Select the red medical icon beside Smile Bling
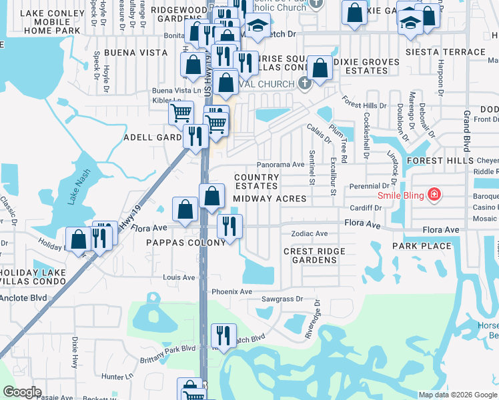tap(434, 195)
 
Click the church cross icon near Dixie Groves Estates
tap(305, 83)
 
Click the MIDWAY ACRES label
tap(270, 199)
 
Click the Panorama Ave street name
tap(281, 165)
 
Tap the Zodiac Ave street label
tap(310, 234)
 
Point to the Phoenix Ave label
tap(231, 292)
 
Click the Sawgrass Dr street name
tap(282, 300)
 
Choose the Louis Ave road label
tap(179, 277)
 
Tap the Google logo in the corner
tap(23, 391)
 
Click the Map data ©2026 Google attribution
tap(457, 395)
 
